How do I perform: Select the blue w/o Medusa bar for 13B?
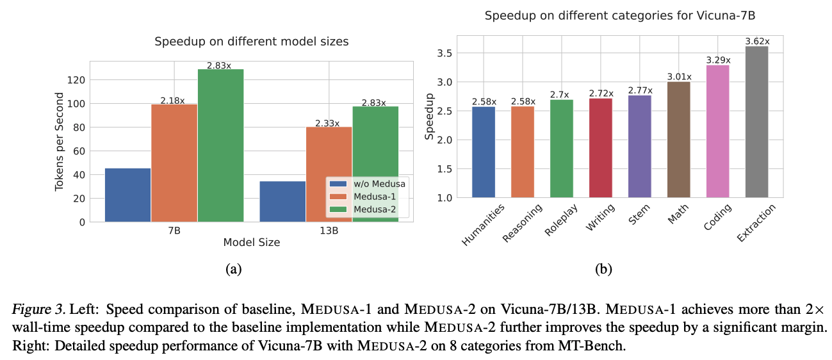(x=282, y=201)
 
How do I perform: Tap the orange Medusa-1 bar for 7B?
(x=174, y=163)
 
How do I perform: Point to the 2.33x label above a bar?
(x=327, y=123)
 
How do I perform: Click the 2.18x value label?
(x=172, y=101)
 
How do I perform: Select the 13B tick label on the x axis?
(x=329, y=231)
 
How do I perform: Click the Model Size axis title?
(x=251, y=243)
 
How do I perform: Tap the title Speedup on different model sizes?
(x=252, y=42)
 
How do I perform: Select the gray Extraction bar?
(x=756, y=122)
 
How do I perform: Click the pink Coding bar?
(x=717, y=131)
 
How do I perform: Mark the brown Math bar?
(x=678, y=140)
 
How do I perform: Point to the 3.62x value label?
(x=757, y=42)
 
